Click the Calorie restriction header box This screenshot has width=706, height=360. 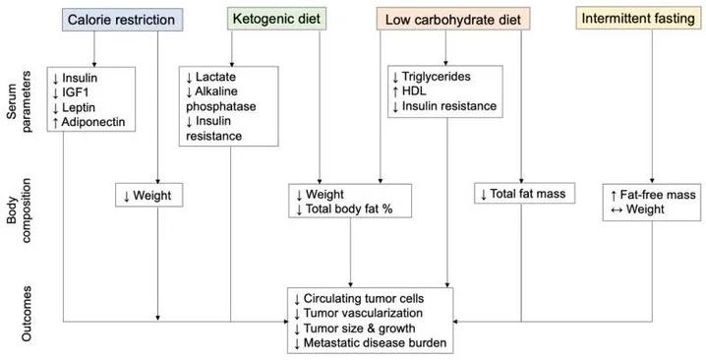click(120, 19)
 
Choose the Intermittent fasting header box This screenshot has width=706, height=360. click(634, 19)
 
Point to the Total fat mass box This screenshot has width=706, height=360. click(525, 195)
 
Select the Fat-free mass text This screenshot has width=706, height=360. click(659, 196)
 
